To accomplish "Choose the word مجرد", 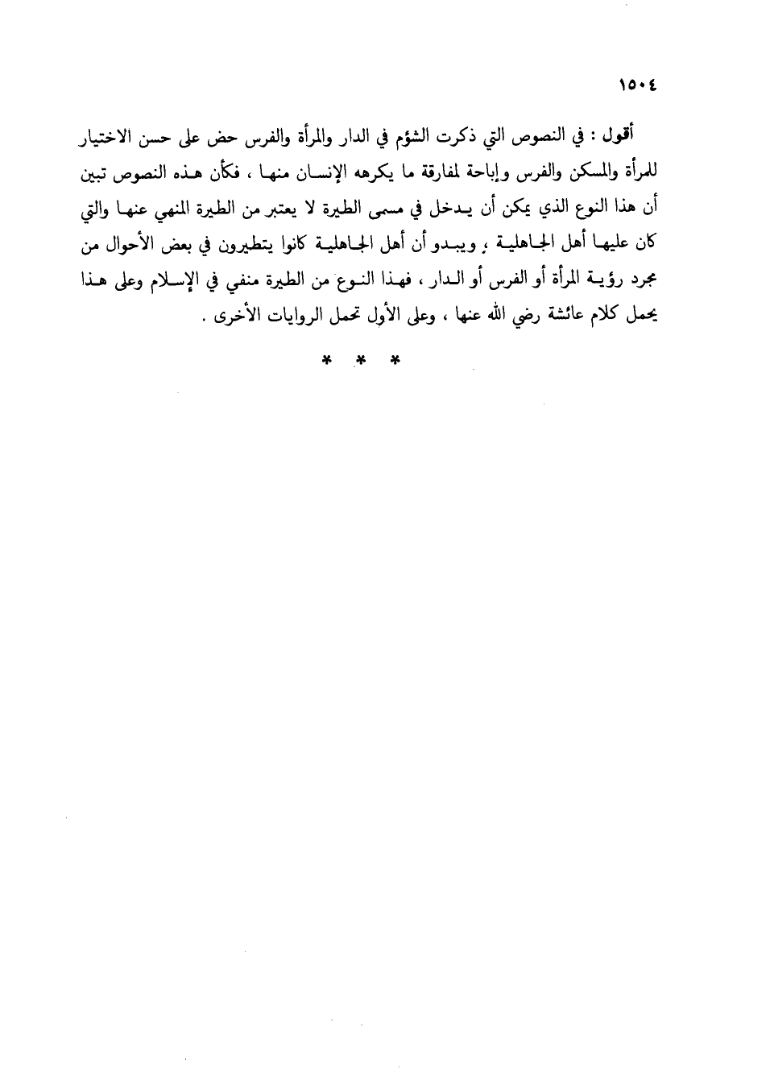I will point(644,280).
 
